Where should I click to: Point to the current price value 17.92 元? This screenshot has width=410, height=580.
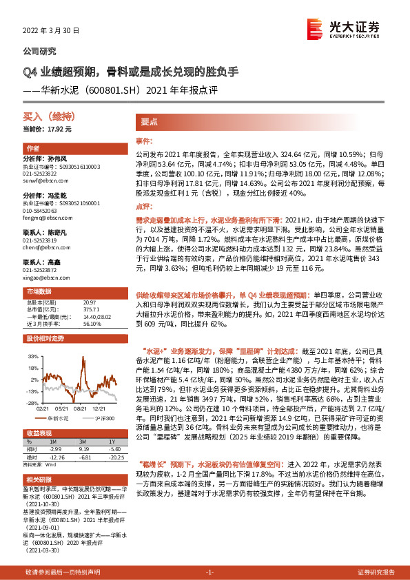point(58,129)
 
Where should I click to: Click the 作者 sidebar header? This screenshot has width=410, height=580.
point(33,149)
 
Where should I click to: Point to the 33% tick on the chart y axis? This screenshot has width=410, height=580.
point(32,358)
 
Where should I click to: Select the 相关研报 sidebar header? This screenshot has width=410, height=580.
point(40,479)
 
